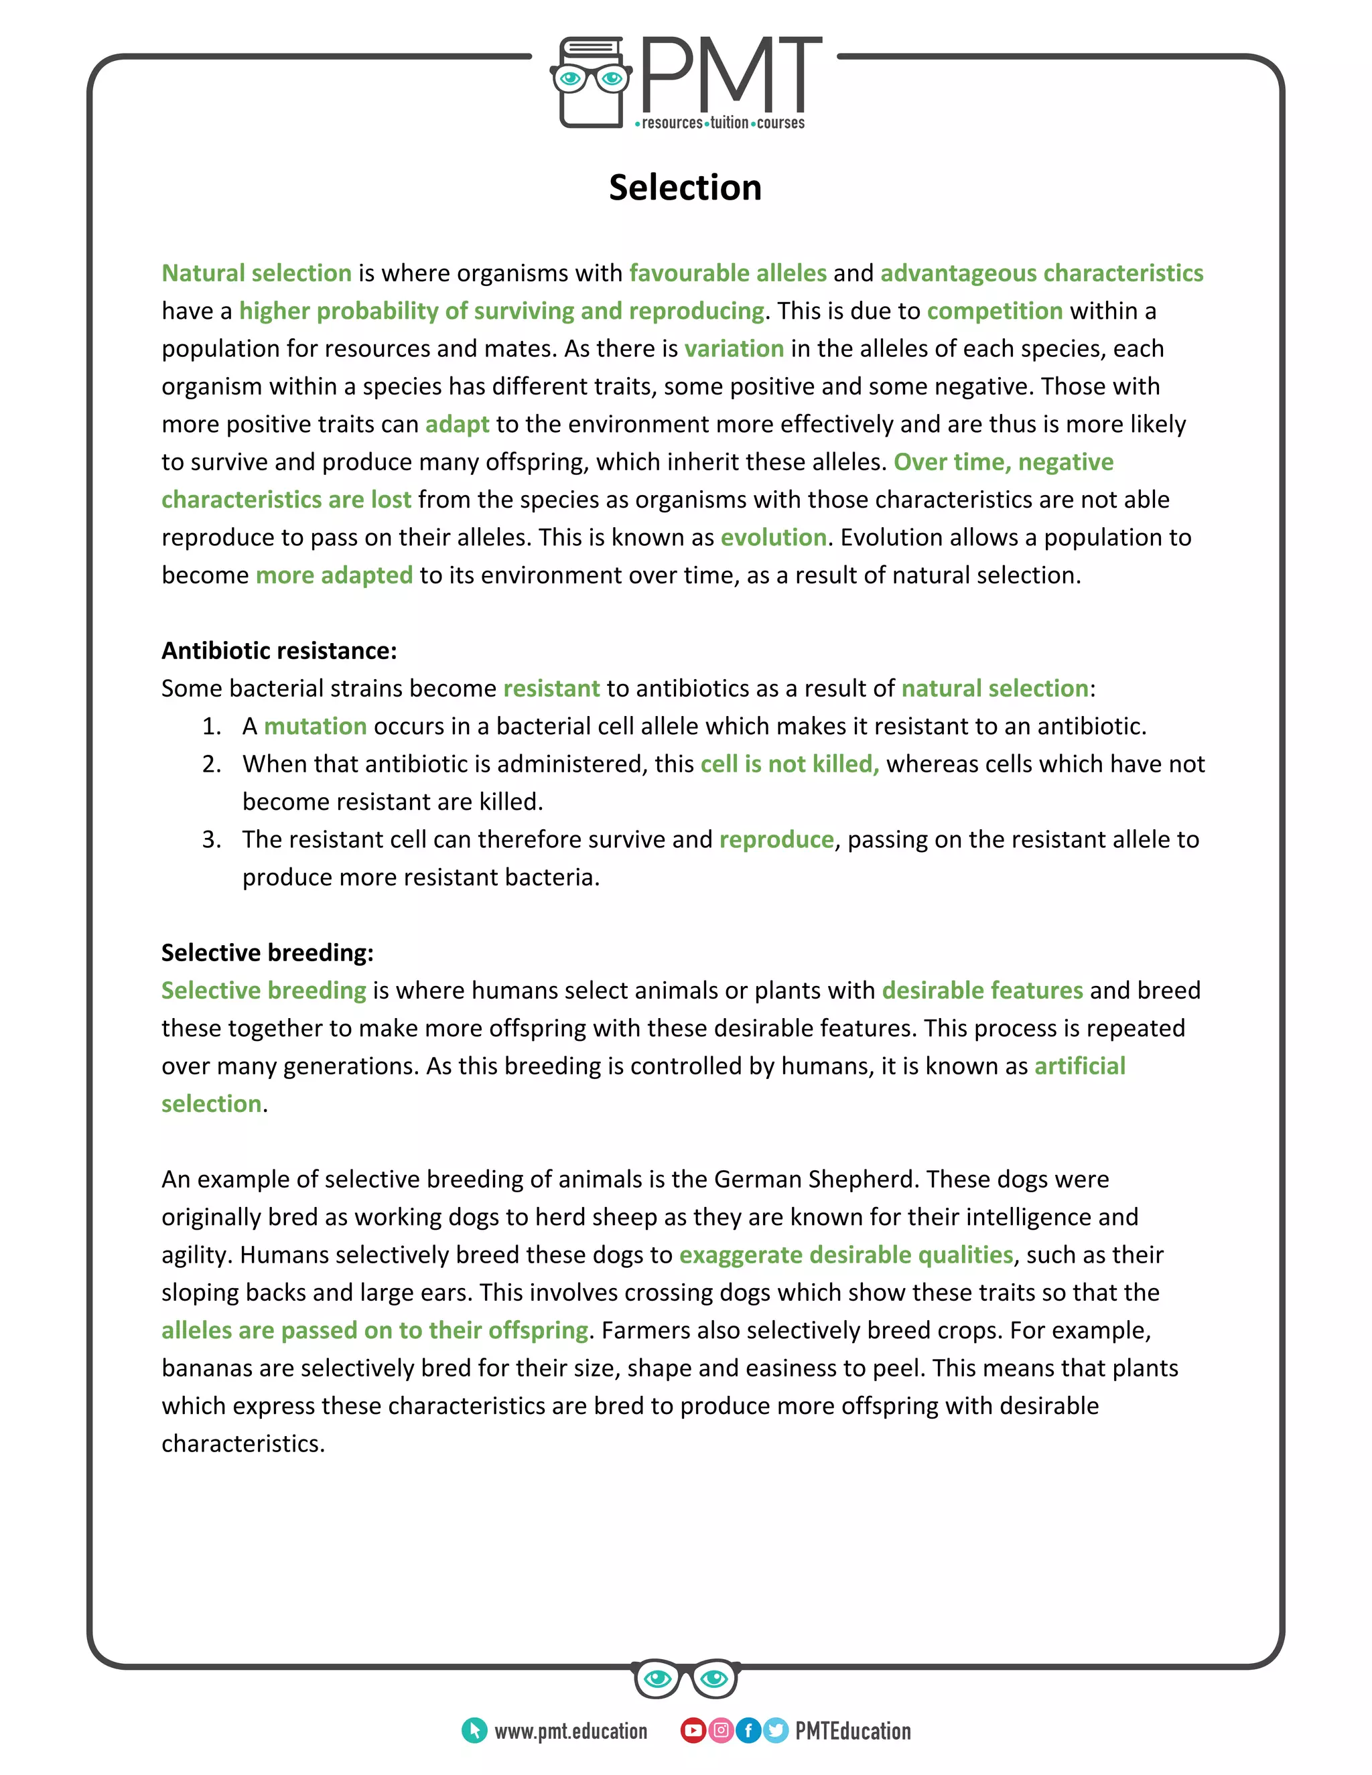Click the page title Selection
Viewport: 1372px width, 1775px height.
point(685,188)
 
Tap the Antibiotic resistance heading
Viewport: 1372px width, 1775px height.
point(279,650)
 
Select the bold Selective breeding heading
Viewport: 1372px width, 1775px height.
point(267,952)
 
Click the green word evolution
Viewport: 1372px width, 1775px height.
point(773,537)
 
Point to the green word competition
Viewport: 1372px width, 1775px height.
point(994,311)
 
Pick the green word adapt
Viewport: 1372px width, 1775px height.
point(457,424)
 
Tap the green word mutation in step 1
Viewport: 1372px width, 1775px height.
point(315,726)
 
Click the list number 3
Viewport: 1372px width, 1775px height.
point(210,839)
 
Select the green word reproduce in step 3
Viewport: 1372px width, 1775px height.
point(776,839)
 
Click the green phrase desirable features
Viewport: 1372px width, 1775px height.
point(982,990)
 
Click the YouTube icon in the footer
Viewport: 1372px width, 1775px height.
point(693,1730)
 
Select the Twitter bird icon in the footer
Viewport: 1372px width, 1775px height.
point(776,1730)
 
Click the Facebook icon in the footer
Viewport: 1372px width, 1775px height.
point(748,1730)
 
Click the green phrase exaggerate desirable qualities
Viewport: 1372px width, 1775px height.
point(845,1255)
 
